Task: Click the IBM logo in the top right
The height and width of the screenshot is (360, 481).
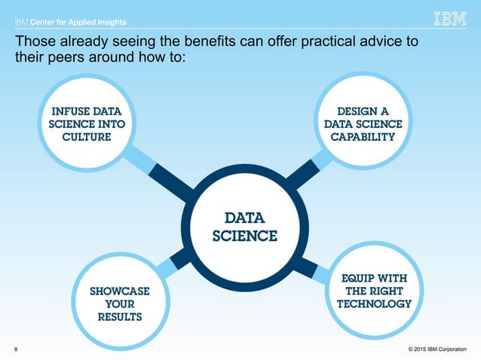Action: (x=450, y=19)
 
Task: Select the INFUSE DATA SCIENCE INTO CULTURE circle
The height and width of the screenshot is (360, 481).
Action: (x=87, y=125)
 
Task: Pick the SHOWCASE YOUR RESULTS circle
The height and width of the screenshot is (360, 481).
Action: (x=119, y=303)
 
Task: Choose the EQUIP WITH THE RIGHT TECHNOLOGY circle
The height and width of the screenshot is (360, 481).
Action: (x=373, y=291)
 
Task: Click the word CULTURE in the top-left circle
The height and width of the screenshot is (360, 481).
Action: (x=87, y=137)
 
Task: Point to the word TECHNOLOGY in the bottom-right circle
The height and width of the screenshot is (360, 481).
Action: (x=374, y=304)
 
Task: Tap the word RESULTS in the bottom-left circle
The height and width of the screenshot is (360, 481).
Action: (x=120, y=317)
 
